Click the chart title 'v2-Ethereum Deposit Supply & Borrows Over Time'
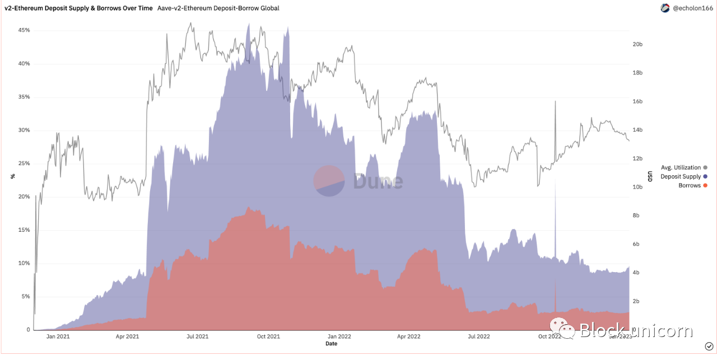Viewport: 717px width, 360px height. coord(78,8)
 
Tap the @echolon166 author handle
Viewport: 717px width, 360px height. coord(691,8)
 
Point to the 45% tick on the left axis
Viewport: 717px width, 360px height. coord(23,30)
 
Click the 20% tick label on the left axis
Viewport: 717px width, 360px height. coord(23,197)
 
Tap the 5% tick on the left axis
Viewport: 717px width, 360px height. coord(25,296)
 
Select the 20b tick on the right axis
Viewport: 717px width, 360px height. coord(638,44)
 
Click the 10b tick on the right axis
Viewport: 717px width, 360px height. coord(638,187)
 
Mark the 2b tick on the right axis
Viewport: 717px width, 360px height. coord(636,301)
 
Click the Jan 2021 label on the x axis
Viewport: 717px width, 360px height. coord(58,336)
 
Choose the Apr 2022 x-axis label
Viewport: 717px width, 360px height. coord(408,336)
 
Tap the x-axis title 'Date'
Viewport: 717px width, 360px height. coord(331,344)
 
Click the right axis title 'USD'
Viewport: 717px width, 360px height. coord(650,176)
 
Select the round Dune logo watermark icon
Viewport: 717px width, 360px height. coord(329,181)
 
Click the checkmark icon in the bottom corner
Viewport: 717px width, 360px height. coord(709,346)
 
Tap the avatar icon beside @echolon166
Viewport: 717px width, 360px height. coord(665,8)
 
